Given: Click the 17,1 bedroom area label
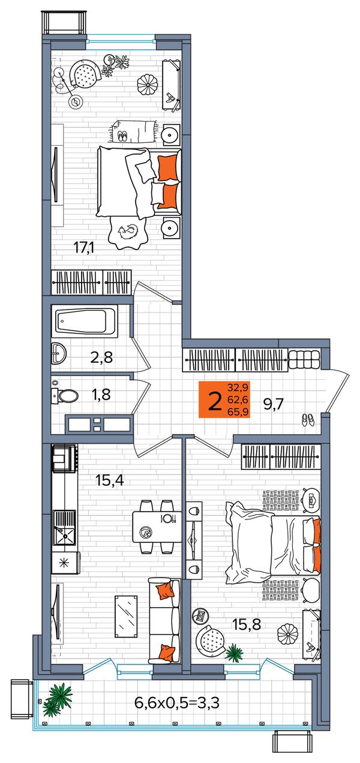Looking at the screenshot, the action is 84,247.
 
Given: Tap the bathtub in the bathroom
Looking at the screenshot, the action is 85,321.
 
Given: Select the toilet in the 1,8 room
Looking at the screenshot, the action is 65,395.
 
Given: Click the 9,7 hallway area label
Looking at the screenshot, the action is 274,405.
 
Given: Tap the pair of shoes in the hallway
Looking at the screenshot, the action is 308,420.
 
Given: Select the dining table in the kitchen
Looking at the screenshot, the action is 157,527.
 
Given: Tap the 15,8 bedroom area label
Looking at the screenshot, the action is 247,624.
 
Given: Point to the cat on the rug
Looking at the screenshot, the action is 128,232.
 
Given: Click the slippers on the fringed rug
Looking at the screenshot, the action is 122,137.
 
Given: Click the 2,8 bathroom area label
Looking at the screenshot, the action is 101,358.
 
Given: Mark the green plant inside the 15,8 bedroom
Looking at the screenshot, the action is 235,652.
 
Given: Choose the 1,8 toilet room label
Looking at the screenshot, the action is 101,395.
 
